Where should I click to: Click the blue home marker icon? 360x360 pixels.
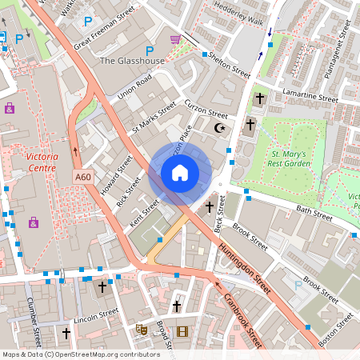point(180,173)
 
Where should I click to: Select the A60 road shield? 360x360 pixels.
point(83,177)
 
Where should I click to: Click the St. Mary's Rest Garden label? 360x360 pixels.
point(290,158)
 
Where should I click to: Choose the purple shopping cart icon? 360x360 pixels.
point(175,39)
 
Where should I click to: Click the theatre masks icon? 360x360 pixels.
point(141,328)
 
